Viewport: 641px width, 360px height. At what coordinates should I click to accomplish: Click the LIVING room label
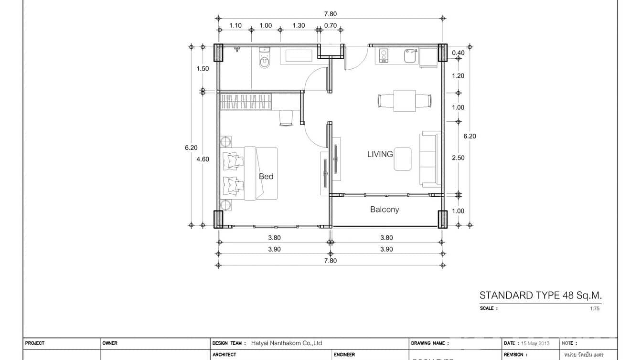[x=380, y=154]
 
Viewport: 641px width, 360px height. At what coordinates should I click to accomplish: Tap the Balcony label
[x=385, y=210]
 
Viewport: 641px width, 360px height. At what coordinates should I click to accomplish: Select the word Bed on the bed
[x=266, y=176]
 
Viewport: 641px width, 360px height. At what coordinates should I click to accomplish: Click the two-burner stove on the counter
[x=383, y=56]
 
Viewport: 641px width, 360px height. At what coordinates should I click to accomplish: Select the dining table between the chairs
[x=405, y=101]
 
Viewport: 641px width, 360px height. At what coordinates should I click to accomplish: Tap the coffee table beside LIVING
[x=403, y=159]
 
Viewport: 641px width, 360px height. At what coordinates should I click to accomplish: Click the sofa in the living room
[x=430, y=159]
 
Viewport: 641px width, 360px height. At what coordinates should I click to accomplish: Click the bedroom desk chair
[x=286, y=118]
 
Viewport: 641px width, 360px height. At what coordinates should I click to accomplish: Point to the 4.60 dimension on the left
[x=203, y=159]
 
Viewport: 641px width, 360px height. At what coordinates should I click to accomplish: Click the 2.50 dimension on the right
[x=458, y=158]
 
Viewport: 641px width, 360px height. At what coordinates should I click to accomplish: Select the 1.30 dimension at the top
[x=299, y=26]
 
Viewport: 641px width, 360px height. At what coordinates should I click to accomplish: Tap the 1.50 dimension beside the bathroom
[x=203, y=69]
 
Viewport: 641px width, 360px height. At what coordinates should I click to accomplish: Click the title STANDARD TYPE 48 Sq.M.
[x=540, y=296]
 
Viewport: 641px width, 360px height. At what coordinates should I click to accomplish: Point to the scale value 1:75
[x=594, y=308]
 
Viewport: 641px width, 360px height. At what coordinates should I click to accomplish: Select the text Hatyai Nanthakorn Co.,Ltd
[x=287, y=343]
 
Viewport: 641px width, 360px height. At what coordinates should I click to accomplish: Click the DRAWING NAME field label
[x=427, y=343]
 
